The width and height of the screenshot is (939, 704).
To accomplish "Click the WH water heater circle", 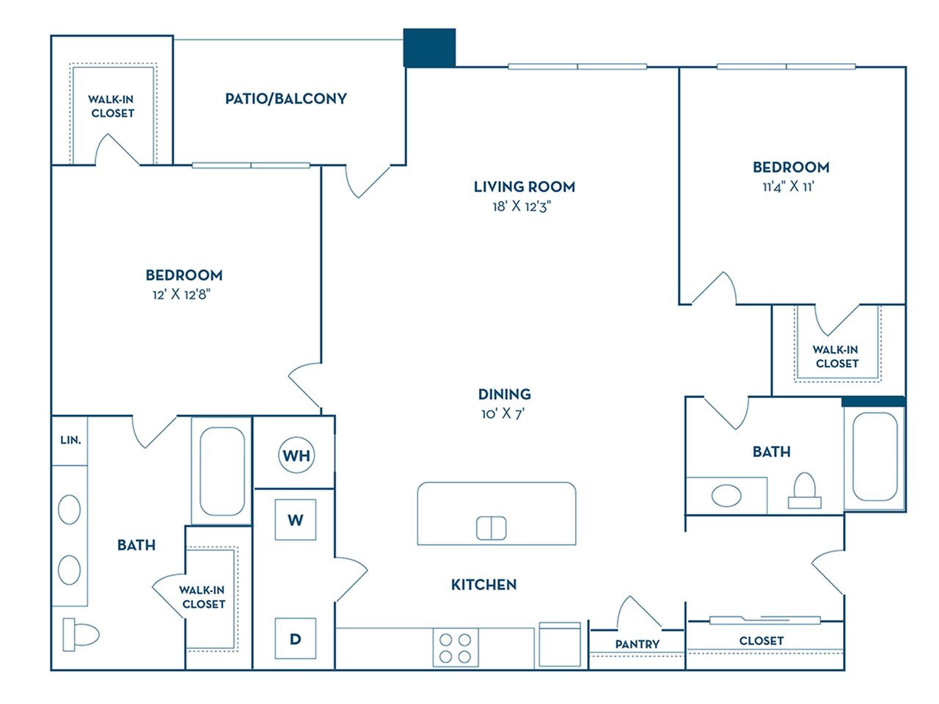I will pos(296,455).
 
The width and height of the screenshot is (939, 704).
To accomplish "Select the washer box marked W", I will pos(295,520).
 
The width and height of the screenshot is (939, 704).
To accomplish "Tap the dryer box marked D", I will pos(295,639).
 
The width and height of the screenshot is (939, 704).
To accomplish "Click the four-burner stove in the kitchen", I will pos(455,647).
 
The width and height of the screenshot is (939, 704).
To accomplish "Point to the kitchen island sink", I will pos(491,528).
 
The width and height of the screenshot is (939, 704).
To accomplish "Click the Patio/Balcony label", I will pos(285,98).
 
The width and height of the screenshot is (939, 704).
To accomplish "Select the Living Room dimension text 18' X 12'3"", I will pos(523,207).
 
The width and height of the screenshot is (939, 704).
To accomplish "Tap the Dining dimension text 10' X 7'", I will pos(503,414).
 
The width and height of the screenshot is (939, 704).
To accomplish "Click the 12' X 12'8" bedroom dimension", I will pos(183,295).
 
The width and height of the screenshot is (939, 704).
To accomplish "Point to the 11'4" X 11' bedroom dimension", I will pos(790,186).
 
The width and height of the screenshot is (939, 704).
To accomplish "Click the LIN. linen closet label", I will pos(70,440).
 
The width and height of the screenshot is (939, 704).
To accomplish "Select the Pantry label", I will pos(637,644).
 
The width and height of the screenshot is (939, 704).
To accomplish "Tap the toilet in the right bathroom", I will pos(805,491).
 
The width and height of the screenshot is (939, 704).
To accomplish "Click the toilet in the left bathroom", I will pos(80,634).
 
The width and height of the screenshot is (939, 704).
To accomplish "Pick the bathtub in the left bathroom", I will pos(222,471).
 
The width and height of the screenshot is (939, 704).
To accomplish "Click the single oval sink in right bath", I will pos(726,495).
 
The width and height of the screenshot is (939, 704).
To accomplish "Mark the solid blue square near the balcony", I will pos(430,48).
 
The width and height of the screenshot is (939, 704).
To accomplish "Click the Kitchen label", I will pos(483,584).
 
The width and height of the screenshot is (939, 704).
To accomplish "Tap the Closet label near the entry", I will pos(761,640).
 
